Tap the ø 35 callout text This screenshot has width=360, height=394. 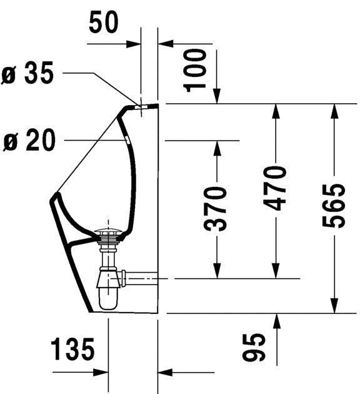point(29,74)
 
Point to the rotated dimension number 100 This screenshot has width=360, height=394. point(196,69)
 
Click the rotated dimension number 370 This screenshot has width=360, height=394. point(217,208)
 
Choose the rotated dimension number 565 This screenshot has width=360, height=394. point(335,206)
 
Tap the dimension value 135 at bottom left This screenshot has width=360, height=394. point(72,348)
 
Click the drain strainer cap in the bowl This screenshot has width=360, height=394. point(111,236)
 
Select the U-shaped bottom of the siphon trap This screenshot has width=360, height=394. point(107,303)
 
